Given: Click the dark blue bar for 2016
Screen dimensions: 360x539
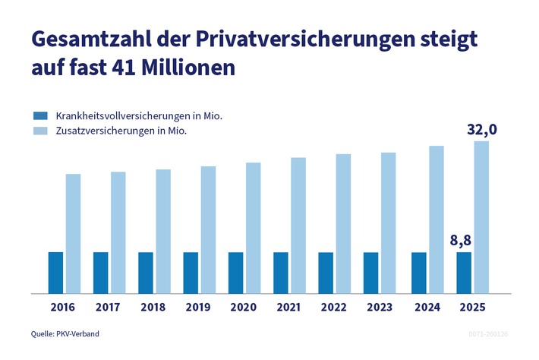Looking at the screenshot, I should point(55,272).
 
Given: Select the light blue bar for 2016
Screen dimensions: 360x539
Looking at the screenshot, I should point(73,233).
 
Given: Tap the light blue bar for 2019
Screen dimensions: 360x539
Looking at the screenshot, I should point(208,229).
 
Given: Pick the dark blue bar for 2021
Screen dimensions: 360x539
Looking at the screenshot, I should point(281,272).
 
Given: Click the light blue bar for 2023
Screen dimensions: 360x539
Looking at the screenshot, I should point(388,222).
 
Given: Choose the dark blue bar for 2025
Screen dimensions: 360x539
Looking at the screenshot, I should point(463,272).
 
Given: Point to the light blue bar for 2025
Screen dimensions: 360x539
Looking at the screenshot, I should point(481,216).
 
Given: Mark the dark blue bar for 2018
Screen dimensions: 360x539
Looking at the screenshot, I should point(146,272).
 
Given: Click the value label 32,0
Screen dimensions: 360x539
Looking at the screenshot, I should point(481,130).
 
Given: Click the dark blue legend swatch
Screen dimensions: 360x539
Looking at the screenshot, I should point(41,116).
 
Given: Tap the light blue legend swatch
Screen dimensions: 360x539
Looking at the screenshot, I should point(41,131).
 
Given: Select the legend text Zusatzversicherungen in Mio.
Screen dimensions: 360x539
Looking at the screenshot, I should point(121,131).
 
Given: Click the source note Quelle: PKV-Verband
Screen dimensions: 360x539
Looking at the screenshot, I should point(65,333).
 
